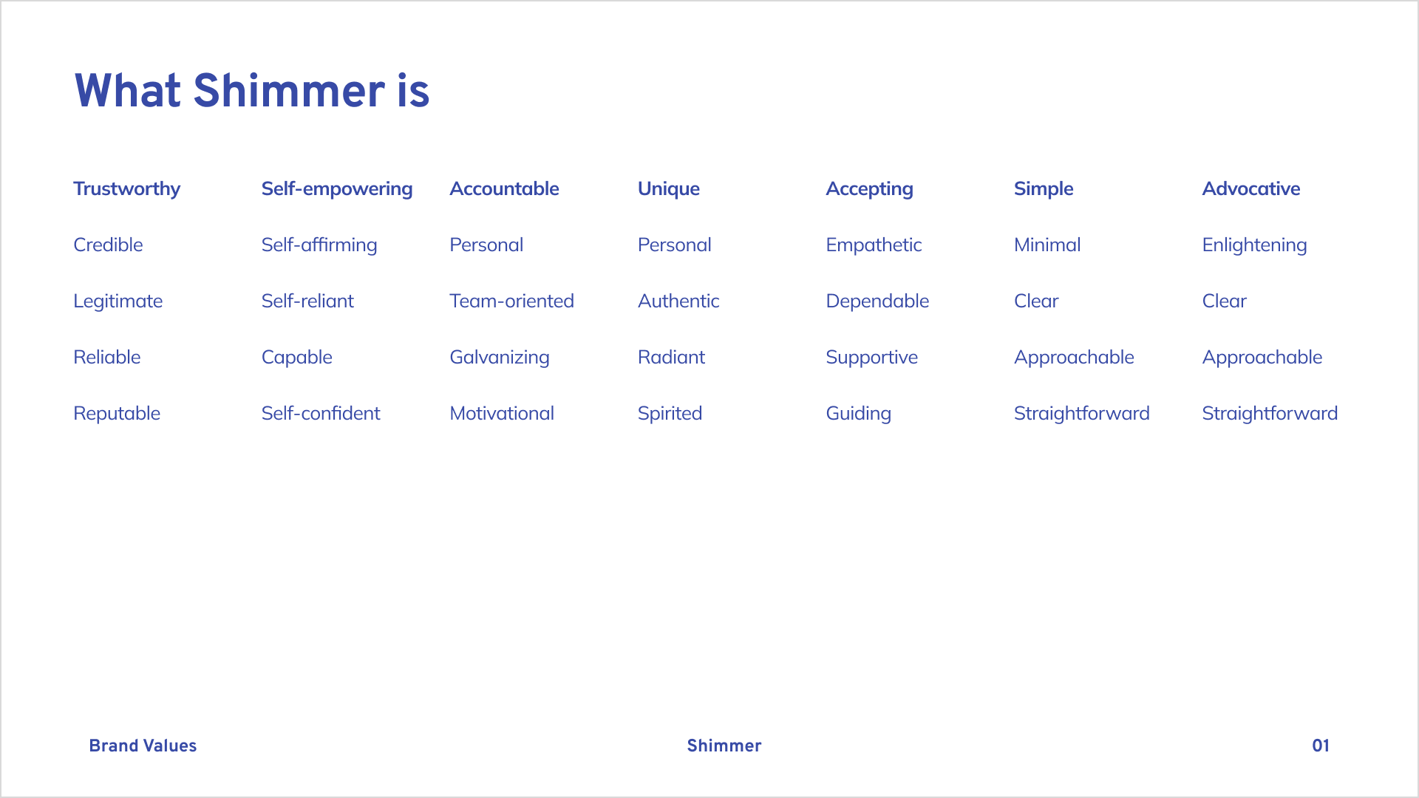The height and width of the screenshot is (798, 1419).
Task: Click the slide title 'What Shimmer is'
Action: [x=252, y=91]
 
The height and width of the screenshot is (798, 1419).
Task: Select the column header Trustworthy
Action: [x=127, y=189]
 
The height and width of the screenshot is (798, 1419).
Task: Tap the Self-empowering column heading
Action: [x=337, y=189]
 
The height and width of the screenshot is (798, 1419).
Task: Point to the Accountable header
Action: [x=504, y=188]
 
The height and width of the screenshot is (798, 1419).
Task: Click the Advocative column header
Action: [x=1251, y=188]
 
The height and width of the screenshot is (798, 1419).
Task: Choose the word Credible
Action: [x=108, y=245]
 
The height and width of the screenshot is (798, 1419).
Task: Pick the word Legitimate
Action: [x=118, y=301]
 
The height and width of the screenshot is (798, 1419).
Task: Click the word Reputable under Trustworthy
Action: [x=117, y=414]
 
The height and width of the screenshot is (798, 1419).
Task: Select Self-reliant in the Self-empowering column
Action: [x=307, y=301]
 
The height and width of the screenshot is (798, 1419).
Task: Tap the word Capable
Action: [x=297, y=358]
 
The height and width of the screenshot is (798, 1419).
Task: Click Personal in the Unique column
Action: [x=675, y=245]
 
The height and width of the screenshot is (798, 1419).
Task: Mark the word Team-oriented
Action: [x=511, y=301]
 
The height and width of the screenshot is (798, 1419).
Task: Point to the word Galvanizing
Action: [x=500, y=358]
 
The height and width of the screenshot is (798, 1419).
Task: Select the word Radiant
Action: [x=671, y=357]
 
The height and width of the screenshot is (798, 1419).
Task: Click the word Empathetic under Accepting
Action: [x=874, y=245]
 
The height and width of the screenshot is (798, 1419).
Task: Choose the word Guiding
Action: [x=859, y=414]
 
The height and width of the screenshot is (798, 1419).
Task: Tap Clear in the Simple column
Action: [x=1036, y=301]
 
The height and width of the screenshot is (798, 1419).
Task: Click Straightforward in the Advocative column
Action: [x=1270, y=414]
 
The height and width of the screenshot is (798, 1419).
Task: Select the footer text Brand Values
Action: [x=143, y=746]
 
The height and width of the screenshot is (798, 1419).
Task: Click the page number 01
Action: [x=1321, y=746]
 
